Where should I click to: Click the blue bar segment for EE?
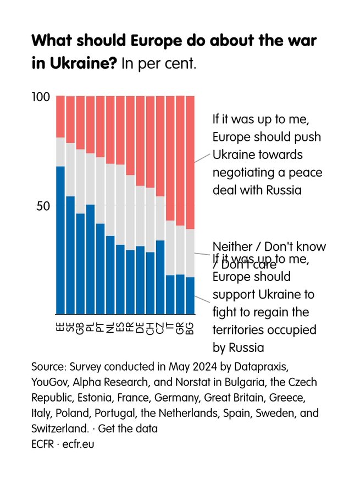point(60,240)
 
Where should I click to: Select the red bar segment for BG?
point(190,162)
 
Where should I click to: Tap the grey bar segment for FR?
point(130,212)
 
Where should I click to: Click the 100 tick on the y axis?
point(41,97)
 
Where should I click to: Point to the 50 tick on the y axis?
point(44,206)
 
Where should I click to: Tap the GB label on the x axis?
point(80,329)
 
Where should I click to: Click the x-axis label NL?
point(110,329)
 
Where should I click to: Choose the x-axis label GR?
point(180,329)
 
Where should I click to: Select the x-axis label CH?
point(150,329)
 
